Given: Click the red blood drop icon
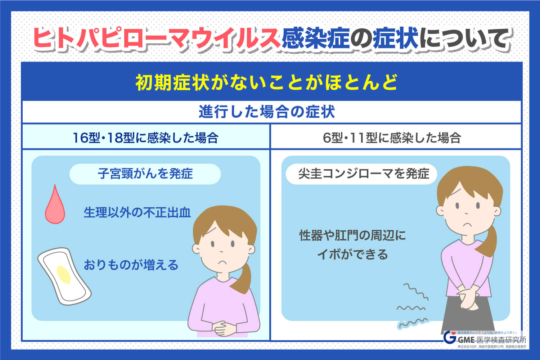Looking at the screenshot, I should pyautogui.click(x=55, y=206).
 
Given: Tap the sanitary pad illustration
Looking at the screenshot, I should pyautogui.click(x=64, y=276).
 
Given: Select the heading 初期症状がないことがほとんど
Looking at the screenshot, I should pyautogui.click(x=267, y=82).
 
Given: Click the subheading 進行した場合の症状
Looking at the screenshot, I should pyautogui.click(x=267, y=112).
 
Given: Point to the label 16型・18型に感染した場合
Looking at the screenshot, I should pyautogui.click(x=145, y=138).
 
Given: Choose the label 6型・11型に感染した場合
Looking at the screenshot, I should pyautogui.click(x=392, y=138).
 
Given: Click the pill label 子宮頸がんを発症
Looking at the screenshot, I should pyautogui.click(x=145, y=174).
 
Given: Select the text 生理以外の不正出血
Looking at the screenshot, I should pyautogui.click(x=137, y=212).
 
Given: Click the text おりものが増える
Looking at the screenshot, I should pyautogui.click(x=131, y=265).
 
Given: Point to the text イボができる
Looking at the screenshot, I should pyautogui.click(x=352, y=255).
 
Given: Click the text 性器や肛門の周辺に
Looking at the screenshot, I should pyautogui.click(x=352, y=235).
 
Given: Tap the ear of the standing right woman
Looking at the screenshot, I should pyautogui.click(x=440, y=211).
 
